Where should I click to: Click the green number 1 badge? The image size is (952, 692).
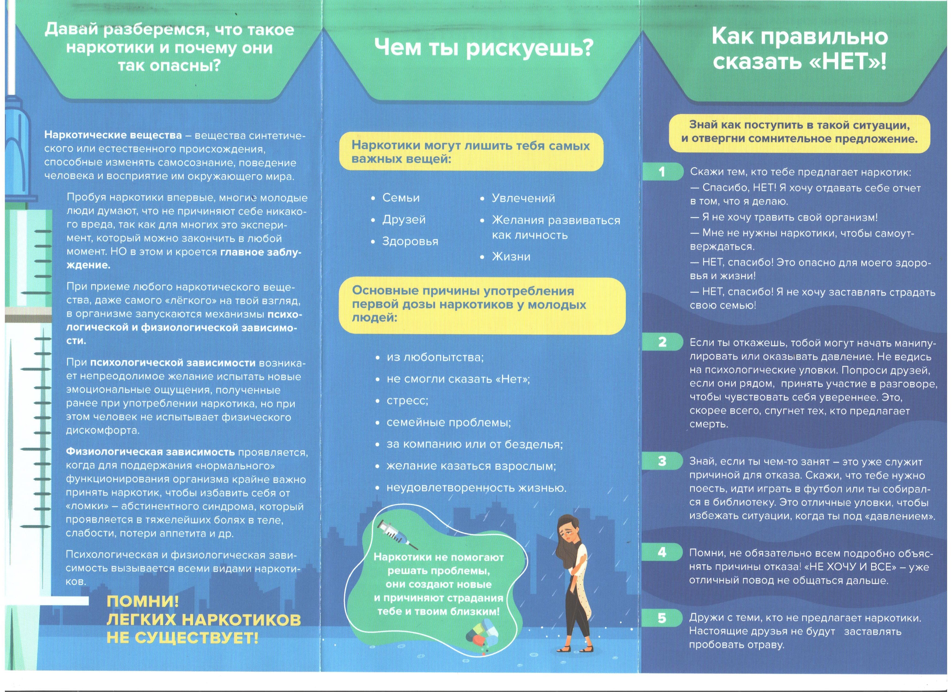point(662,172)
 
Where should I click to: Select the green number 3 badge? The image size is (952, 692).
point(662,461)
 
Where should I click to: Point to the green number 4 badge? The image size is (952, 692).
point(662,552)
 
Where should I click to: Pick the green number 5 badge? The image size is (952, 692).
point(662,618)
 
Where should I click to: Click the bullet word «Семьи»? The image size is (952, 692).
point(401,198)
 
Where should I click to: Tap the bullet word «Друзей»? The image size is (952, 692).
point(404,220)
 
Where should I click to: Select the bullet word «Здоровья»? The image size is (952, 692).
point(410,241)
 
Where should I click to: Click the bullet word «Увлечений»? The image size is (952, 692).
point(523,198)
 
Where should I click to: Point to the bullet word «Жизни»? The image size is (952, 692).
point(511,256)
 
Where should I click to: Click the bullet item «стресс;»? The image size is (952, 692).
point(407,401)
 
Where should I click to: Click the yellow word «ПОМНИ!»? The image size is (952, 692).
point(143,601)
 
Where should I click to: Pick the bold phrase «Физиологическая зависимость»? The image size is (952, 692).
point(150,452)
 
